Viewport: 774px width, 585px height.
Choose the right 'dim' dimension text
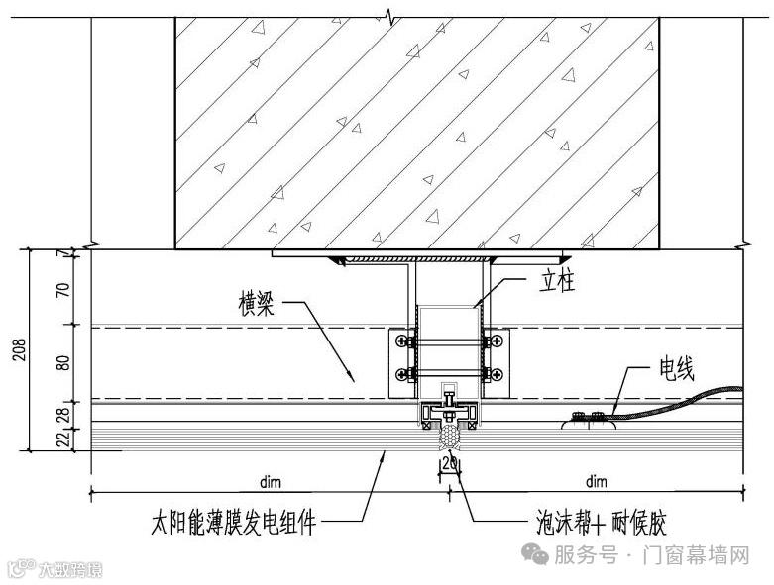click(x=596, y=482)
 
